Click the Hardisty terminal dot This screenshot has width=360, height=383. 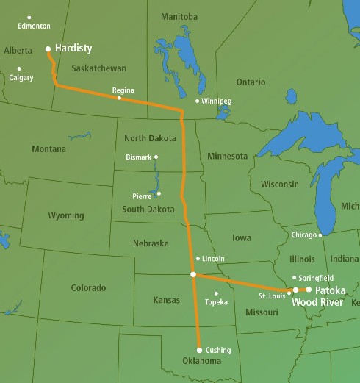click(48, 49)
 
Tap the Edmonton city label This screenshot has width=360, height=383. click(35, 26)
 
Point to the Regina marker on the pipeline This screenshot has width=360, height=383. click(119, 99)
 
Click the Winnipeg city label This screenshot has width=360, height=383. click(219, 101)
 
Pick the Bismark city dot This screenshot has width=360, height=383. click(156, 157)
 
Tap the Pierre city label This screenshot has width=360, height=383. click(142, 196)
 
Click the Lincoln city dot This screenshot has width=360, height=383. click(198, 259)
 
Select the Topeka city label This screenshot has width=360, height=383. click(216, 302)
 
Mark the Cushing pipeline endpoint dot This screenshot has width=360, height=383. click(199, 350)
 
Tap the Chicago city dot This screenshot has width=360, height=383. click(320, 235)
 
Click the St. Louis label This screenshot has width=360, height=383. click(272, 296)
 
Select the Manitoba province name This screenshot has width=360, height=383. click(178, 16)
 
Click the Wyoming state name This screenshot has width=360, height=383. click(66, 216)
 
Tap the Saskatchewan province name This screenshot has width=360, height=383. click(99, 68)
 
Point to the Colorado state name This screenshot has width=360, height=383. click(88, 287)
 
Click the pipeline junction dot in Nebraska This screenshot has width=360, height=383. click(193, 274)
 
